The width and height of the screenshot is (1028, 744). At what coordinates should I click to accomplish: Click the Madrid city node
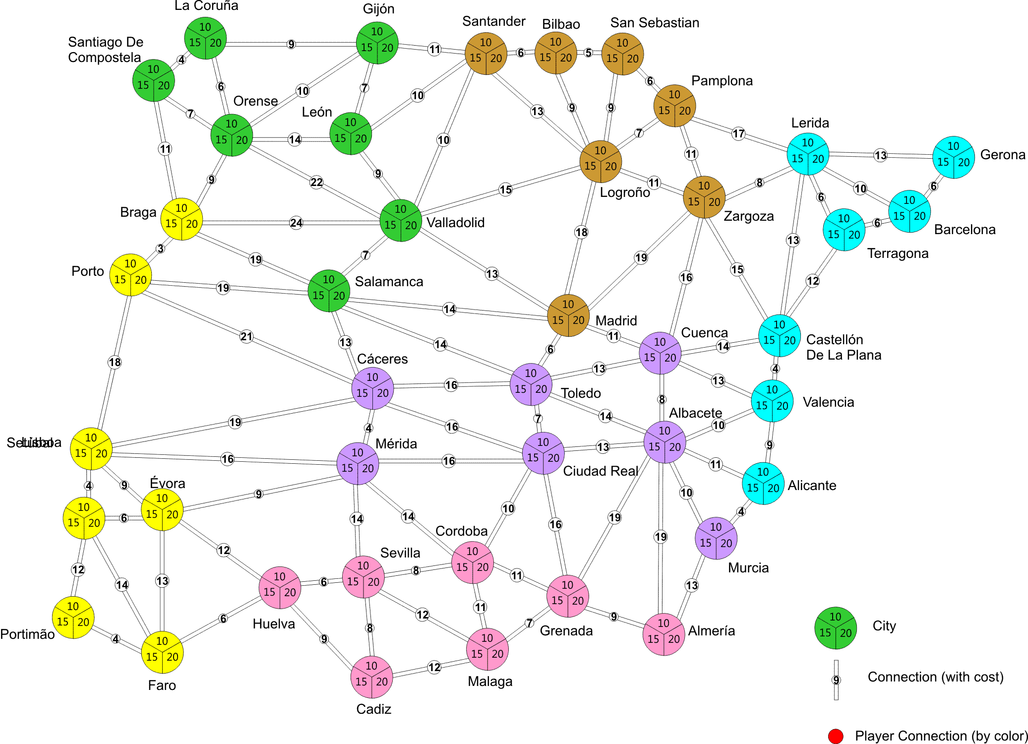pos(568,315)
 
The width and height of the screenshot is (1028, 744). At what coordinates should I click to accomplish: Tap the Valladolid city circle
pos(401,221)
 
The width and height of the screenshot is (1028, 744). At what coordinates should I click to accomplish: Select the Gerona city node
pos(953,157)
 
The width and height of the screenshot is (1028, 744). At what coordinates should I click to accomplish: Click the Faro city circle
pos(162,652)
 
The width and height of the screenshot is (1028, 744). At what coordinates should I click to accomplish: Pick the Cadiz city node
pos(371,677)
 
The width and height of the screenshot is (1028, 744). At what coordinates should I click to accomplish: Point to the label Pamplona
pos(722,81)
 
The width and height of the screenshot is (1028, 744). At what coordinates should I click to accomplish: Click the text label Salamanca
pos(389,282)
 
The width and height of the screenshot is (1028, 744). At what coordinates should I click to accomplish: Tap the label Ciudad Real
pos(600,471)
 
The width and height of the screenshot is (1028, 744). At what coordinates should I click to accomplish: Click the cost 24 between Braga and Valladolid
pos(296,223)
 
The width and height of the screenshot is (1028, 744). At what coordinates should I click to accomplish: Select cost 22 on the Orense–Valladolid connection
pos(316,182)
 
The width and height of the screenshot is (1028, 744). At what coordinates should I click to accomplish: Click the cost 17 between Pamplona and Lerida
pos(738,133)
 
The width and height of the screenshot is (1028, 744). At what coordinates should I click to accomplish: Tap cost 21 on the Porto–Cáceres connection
pos(246,337)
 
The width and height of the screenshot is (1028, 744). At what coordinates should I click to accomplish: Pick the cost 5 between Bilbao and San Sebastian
pos(589,53)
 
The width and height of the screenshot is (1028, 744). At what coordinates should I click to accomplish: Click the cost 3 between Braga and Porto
pos(160,248)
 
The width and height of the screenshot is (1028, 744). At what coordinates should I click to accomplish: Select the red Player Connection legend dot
pos(836,737)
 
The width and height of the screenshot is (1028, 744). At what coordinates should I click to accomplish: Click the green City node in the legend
pos(836,628)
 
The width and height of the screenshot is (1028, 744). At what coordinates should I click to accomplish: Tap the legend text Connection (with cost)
pos(935,677)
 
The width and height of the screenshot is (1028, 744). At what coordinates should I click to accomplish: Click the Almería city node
pos(664,634)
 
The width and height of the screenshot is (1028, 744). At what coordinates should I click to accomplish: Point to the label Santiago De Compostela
pos(105,50)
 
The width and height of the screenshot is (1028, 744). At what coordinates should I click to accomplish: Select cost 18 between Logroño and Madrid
pos(581,232)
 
